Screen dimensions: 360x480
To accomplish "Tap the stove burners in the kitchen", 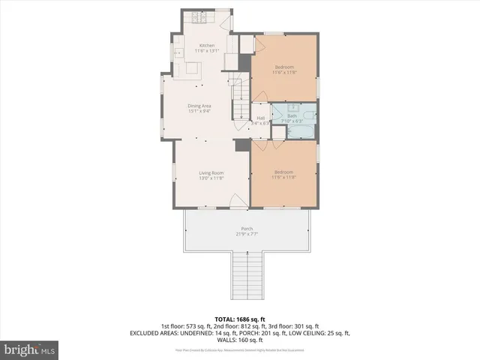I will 200,17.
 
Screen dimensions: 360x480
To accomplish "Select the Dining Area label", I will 199,106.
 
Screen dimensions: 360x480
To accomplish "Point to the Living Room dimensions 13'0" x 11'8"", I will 211,178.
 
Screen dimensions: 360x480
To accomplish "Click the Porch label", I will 246,228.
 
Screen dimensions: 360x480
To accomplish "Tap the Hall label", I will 261,118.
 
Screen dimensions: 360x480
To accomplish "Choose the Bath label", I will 291,115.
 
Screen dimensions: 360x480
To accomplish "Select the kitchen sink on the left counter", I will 179,52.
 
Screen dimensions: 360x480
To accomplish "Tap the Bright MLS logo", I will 28,350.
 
